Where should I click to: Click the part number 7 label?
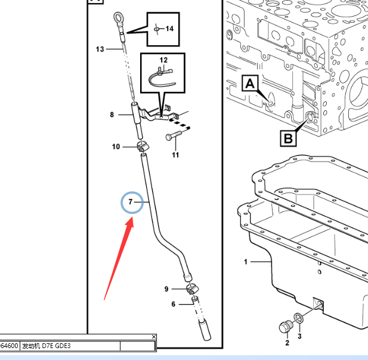pyautogui.click(x=131, y=202)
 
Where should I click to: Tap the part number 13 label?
pyautogui.click(x=100, y=49)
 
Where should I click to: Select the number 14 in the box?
pyautogui.click(x=169, y=29)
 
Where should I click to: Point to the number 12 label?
pyautogui.click(x=163, y=60)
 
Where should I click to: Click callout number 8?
pyautogui.click(x=112, y=114)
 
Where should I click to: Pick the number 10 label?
pyautogui.click(x=116, y=147)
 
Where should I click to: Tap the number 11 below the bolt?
pyautogui.click(x=175, y=155)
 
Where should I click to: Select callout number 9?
pyautogui.click(x=166, y=289)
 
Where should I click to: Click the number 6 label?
pyautogui.click(x=173, y=304)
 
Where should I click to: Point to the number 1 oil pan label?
pyautogui.click(x=246, y=262)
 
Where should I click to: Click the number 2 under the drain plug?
pyautogui.click(x=287, y=343)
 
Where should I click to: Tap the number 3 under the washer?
pyautogui.click(x=299, y=336)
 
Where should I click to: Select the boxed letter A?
pyautogui.click(x=250, y=83)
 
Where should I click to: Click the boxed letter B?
pyautogui.click(x=288, y=139)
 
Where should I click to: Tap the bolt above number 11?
pyautogui.click(x=174, y=135)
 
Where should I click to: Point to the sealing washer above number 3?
pyautogui.click(x=298, y=318)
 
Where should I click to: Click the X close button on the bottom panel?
pyautogui.click(x=154, y=337)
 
